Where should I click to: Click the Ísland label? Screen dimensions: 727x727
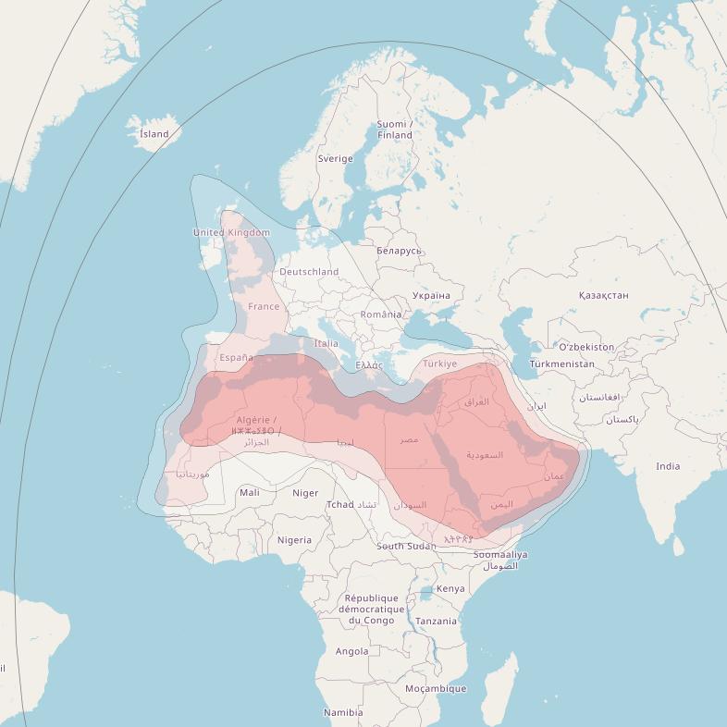154,134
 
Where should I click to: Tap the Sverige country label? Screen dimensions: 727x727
336,158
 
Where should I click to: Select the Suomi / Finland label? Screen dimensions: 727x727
394,129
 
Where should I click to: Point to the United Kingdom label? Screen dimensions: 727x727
231,232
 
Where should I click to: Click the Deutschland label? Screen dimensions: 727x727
309,272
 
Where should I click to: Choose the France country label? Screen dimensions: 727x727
264,306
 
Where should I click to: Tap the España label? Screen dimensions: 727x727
236,358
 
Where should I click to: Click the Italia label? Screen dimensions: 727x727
327,343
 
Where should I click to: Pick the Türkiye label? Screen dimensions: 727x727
440,363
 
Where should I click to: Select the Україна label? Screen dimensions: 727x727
431,296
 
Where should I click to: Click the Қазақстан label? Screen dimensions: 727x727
603,295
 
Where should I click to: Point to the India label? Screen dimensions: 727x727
668,466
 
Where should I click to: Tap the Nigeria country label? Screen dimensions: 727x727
294,540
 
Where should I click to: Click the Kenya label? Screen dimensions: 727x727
450,589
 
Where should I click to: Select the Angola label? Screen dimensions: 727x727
351,651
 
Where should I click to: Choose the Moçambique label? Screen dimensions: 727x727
436,688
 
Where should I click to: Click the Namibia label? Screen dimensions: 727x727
343,712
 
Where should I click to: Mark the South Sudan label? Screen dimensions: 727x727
406,546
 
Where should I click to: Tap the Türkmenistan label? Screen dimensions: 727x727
562,364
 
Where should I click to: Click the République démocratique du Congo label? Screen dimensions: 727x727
372,610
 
